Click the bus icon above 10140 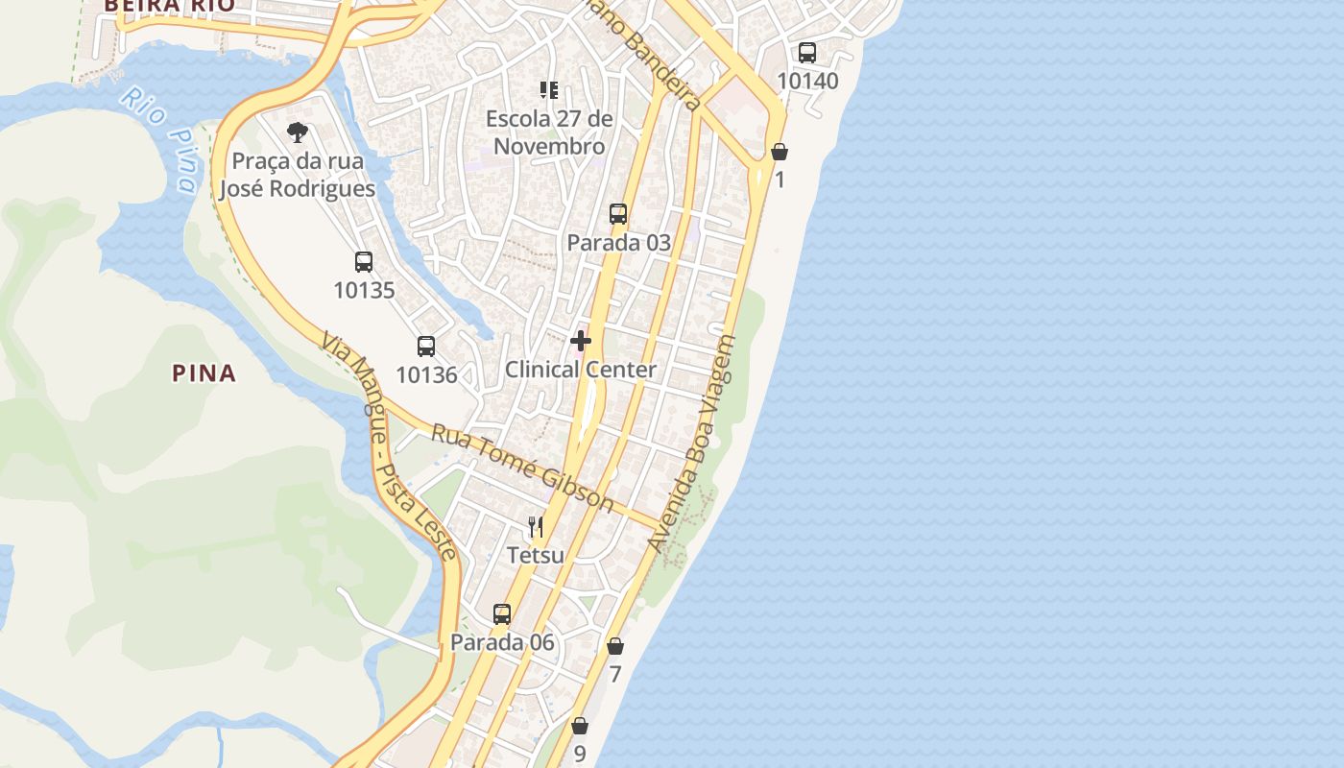[x=807, y=53]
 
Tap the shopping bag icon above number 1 [x=780, y=152]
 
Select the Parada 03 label [x=618, y=242]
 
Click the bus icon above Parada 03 [x=618, y=214]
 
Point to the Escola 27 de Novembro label [x=549, y=132]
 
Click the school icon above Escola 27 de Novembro [x=549, y=91]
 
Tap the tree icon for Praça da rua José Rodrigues [x=298, y=132]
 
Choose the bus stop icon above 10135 [x=364, y=262]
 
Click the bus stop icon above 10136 [x=426, y=347]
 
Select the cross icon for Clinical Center [x=581, y=341]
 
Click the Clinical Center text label [x=581, y=370]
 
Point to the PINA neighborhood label [x=204, y=373]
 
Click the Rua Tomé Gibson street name [x=522, y=468]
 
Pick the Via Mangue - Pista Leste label [x=389, y=446]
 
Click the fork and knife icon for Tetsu [x=536, y=527]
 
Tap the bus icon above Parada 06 [x=502, y=614]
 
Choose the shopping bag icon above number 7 [x=615, y=646]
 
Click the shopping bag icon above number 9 [x=580, y=726]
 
